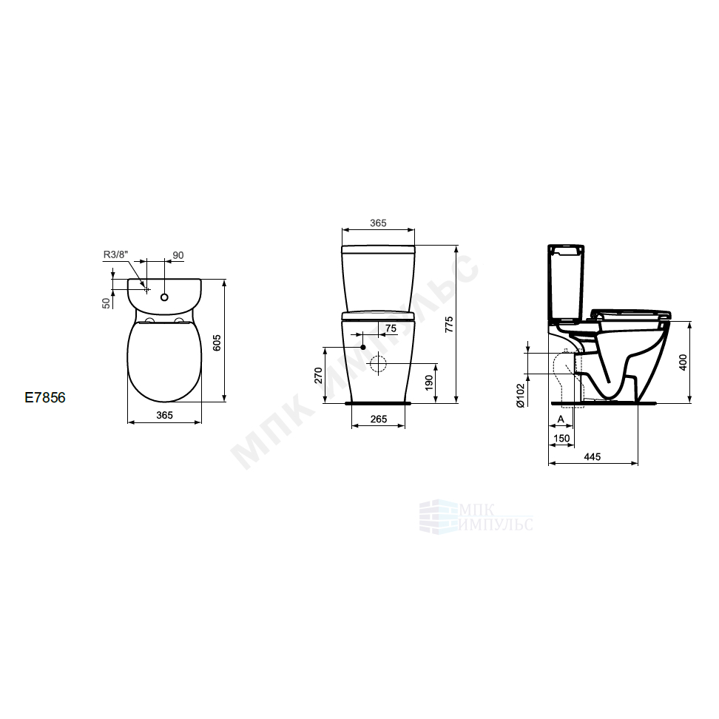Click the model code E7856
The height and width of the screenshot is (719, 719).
click(45, 397)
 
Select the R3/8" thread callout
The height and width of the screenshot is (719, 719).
click(115, 254)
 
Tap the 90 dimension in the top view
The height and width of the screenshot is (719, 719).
click(178, 255)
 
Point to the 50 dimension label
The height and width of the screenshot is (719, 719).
click(107, 303)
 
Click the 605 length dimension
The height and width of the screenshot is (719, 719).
click(217, 342)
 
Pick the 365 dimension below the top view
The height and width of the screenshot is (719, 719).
click(165, 415)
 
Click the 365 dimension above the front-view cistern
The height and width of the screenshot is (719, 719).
click(378, 223)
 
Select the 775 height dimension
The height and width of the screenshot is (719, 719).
click(449, 324)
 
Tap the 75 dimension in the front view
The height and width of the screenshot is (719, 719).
click(391, 328)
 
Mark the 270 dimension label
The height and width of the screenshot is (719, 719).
click(318, 375)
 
